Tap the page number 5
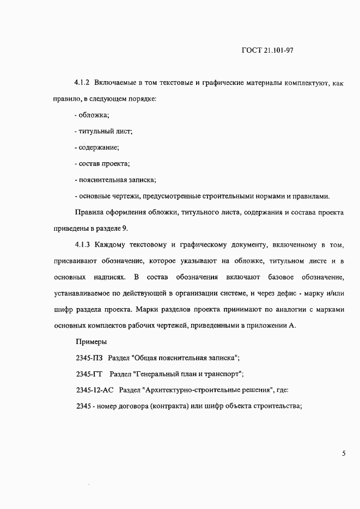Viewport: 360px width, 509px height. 344,453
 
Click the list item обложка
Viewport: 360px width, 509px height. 94,115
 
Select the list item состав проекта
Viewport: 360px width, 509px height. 103,164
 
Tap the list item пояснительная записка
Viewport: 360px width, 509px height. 117,180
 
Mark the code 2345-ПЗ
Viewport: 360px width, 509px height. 89,359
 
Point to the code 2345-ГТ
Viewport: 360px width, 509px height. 90,375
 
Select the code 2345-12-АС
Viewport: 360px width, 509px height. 95,391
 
